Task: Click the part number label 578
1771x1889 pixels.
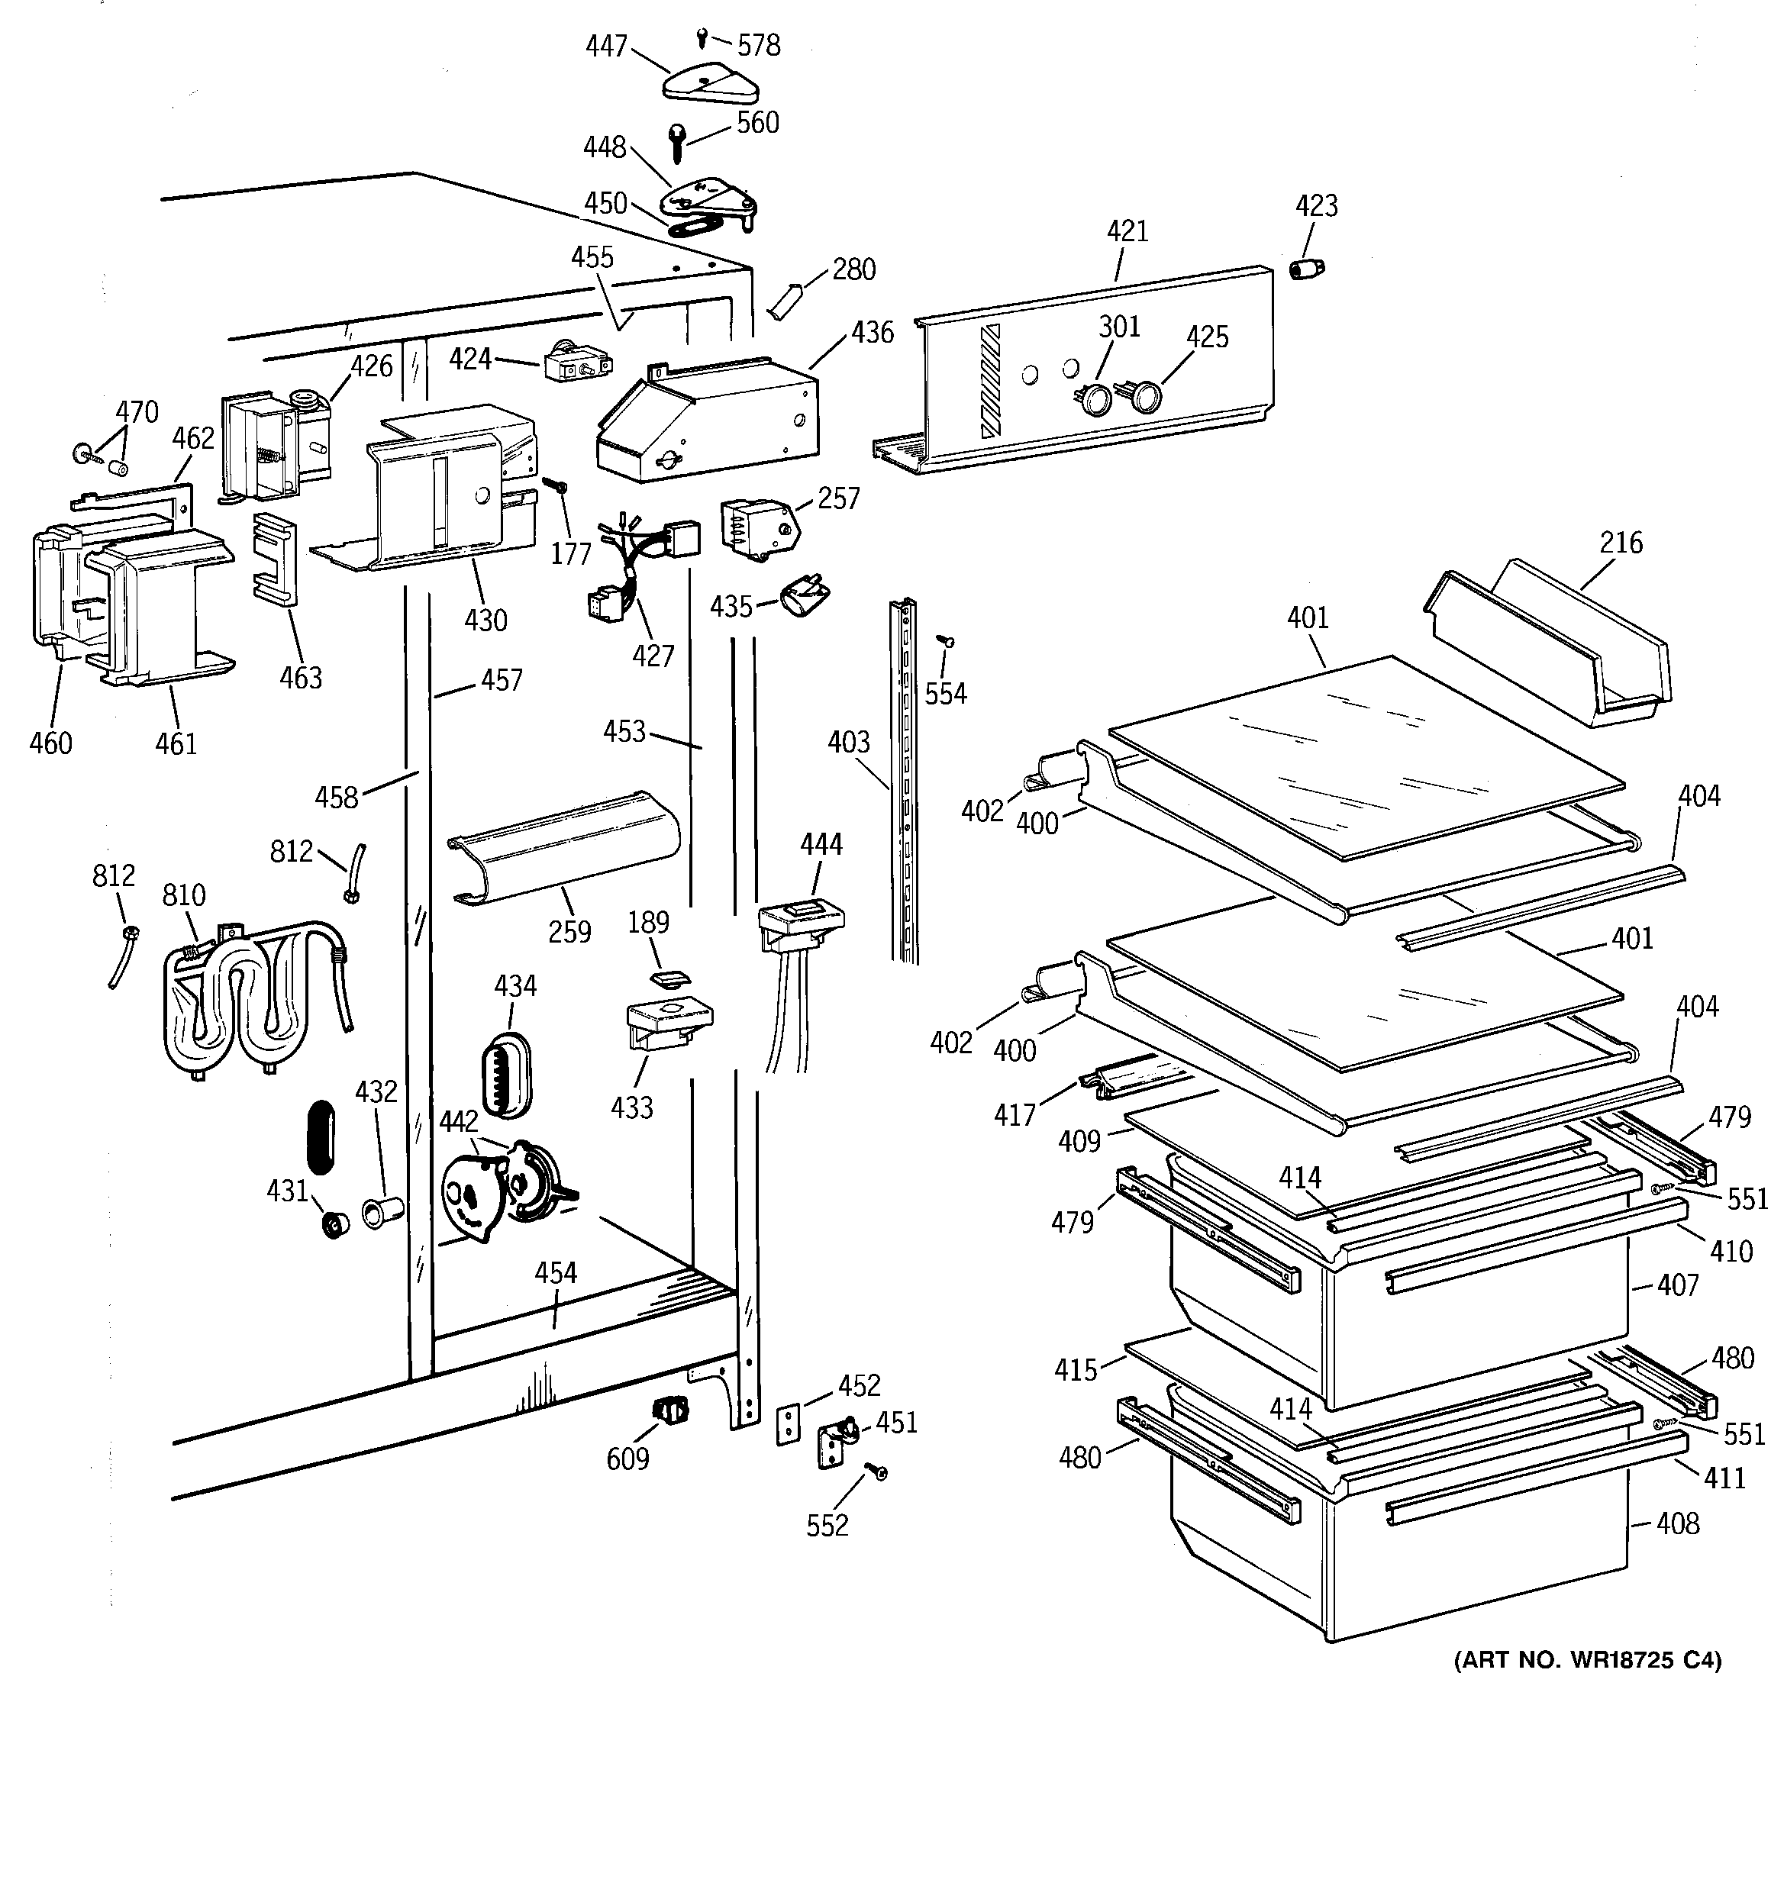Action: [x=759, y=46]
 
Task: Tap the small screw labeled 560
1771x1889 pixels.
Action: [x=677, y=143]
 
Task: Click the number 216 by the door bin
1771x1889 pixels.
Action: [x=1621, y=543]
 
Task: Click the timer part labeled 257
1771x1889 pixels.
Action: [x=756, y=525]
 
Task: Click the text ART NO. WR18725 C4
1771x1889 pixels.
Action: [x=1588, y=1660]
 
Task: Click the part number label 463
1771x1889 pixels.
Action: [x=301, y=678]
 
